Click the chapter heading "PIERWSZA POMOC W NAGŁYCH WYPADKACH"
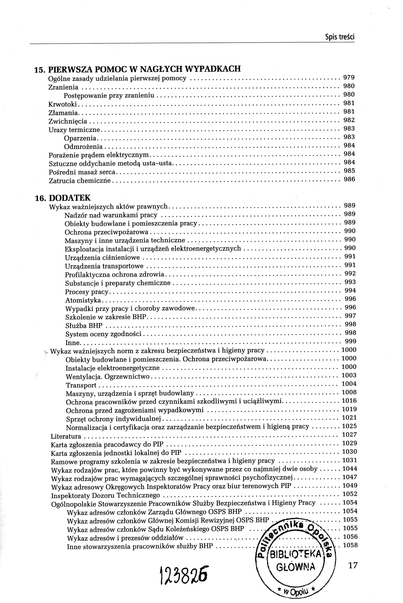tap(144, 69)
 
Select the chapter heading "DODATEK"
tap(69, 198)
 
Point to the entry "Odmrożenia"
tap(83, 147)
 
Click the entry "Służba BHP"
tap(84, 326)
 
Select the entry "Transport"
tap(81, 385)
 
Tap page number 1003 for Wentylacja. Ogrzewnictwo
tap(349, 375)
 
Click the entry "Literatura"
tap(66, 436)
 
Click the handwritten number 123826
tap(184, 575)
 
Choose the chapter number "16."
tap(41, 198)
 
